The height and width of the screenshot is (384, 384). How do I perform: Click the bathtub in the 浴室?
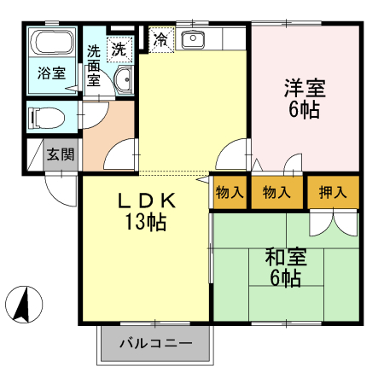pyautogui.click(x=52, y=42)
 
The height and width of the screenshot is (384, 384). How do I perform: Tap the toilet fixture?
pyautogui.click(x=46, y=118)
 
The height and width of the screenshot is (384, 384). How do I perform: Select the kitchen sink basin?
pyautogui.click(x=193, y=39)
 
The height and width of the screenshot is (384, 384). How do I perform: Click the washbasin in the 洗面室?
pyautogui.click(x=124, y=80)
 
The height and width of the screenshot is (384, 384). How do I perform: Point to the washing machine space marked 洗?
pyautogui.click(x=119, y=49)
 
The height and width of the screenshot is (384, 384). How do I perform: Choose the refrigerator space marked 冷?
pyautogui.click(x=161, y=39)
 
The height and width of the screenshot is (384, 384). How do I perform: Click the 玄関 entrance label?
pyautogui.click(x=61, y=154)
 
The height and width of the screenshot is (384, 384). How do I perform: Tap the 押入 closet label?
pyautogui.click(x=333, y=192)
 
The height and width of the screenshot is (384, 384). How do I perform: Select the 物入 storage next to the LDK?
pyautogui.click(x=230, y=193)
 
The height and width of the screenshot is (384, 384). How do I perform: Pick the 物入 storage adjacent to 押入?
pyautogui.click(x=276, y=193)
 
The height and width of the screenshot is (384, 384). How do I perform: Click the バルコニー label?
pyautogui.click(x=156, y=343)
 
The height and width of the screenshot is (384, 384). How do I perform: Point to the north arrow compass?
pyautogui.click(x=24, y=305)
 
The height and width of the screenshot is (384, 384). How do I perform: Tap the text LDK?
pyautogui.click(x=147, y=201)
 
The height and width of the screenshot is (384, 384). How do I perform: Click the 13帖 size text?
pyautogui.click(x=146, y=222)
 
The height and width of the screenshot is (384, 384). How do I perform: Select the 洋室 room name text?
pyautogui.click(x=305, y=88)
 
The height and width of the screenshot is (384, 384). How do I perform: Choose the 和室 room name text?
pyautogui.click(x=286, y=257)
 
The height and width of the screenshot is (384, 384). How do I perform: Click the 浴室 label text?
pyautogui.click(x=51, y=73)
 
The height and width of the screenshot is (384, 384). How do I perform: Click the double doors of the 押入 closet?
pyautogui.click(x=334, y=223)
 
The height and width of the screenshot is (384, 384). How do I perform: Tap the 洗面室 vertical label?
pyautogui.click(x=94, y=66)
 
